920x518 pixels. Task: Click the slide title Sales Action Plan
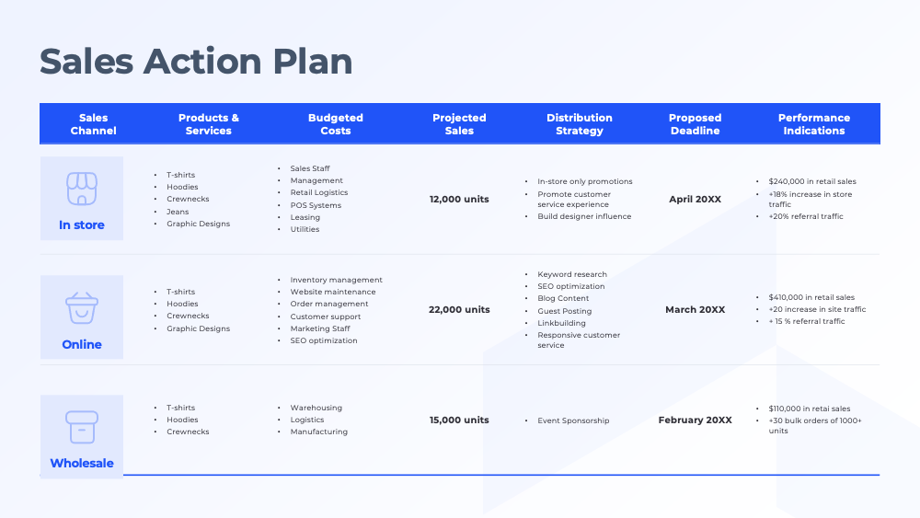pyautogui.click(x=196, y=62)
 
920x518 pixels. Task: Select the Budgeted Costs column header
pyautogui.click(x=336, y=124)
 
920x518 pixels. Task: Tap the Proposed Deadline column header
pyautogui.click(x=695, y=124)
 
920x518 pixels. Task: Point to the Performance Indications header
pyautogui.click(x=814, y=124)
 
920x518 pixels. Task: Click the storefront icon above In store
pyautogui.click(x=81, y=189)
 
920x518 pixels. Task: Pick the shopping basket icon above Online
pyautogui.click(x=81, y=308)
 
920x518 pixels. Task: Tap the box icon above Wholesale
pyautogui.click(x=81, y=427)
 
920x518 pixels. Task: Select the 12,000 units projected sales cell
pyautogui.click(x=459, y=199)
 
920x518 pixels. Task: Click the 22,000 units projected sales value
pyautogui.click(x=459, y=310)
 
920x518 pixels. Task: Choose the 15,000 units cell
pyautogui.click(x=459, y=420)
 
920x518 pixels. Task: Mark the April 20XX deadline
pyautogui.click(x=695, y=199)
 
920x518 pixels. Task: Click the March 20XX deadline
pyautogui.click(x=695, y=310)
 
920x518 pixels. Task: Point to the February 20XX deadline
pyautogui.click(x=695, y=420)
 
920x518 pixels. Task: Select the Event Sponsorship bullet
pyautogui.click(x=573, y=421)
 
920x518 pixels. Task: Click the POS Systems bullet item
pyautogui.click(x=316, y=205)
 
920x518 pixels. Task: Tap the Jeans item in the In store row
pyautogui.click(x=178, y=212)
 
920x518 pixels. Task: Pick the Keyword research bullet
pyautogui.click(x=572, y=274)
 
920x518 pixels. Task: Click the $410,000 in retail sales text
pyautogui.click(x=811, y=297)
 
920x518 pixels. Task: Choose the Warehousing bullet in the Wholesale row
pyautogui.click(x=316, y=408)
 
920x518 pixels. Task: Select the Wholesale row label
pyautogui.click(x=82, y=463)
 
